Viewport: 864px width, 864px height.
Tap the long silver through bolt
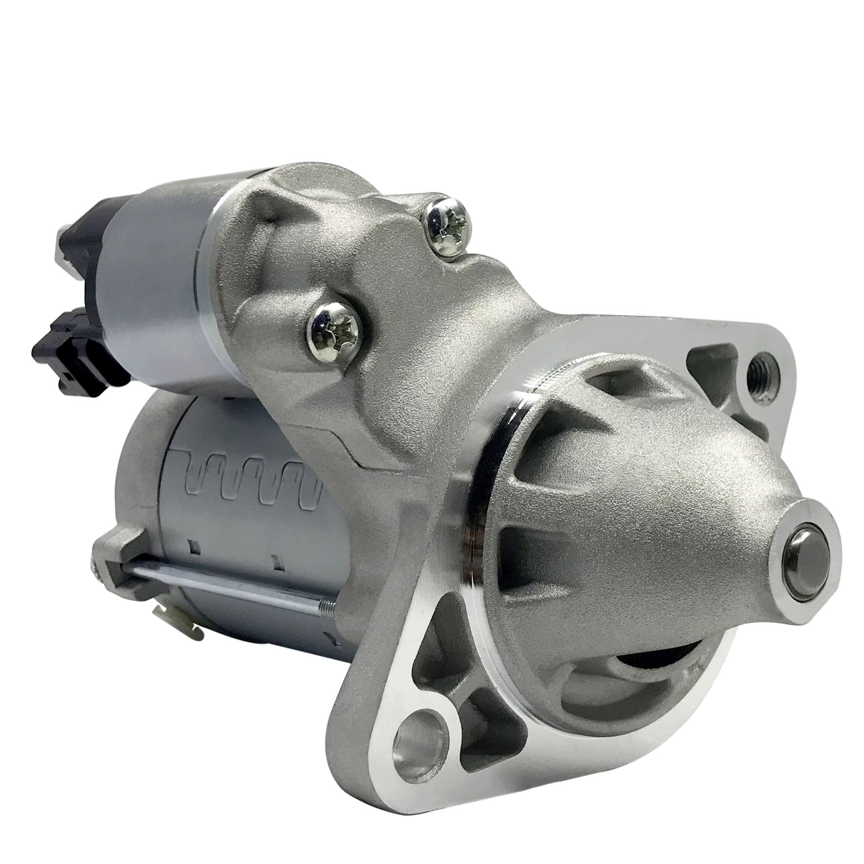coord(232,587)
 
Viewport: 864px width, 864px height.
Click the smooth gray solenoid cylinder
coord(152,286)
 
